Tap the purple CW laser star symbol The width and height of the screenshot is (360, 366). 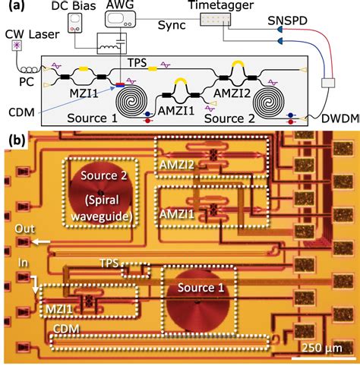pos(16,48)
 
